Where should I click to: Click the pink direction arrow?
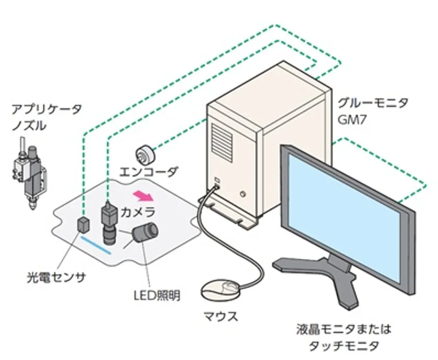coord(143,196)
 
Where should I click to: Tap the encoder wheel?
coord(145,154)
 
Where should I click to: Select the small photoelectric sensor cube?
coord(84,224)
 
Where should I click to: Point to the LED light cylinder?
coord(145,232)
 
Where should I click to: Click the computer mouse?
coord(221,291)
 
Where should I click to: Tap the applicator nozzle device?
coord(29,173)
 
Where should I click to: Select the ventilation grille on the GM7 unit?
coord(222,142)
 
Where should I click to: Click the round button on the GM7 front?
coord(244,194)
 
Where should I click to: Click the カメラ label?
coord(138,212)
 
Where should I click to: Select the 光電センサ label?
coord(56,278)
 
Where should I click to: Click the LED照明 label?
coord(157,295)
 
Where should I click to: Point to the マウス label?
coord(221,317)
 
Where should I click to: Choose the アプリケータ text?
coord(46,109)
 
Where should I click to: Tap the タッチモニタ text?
coord(344,346)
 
